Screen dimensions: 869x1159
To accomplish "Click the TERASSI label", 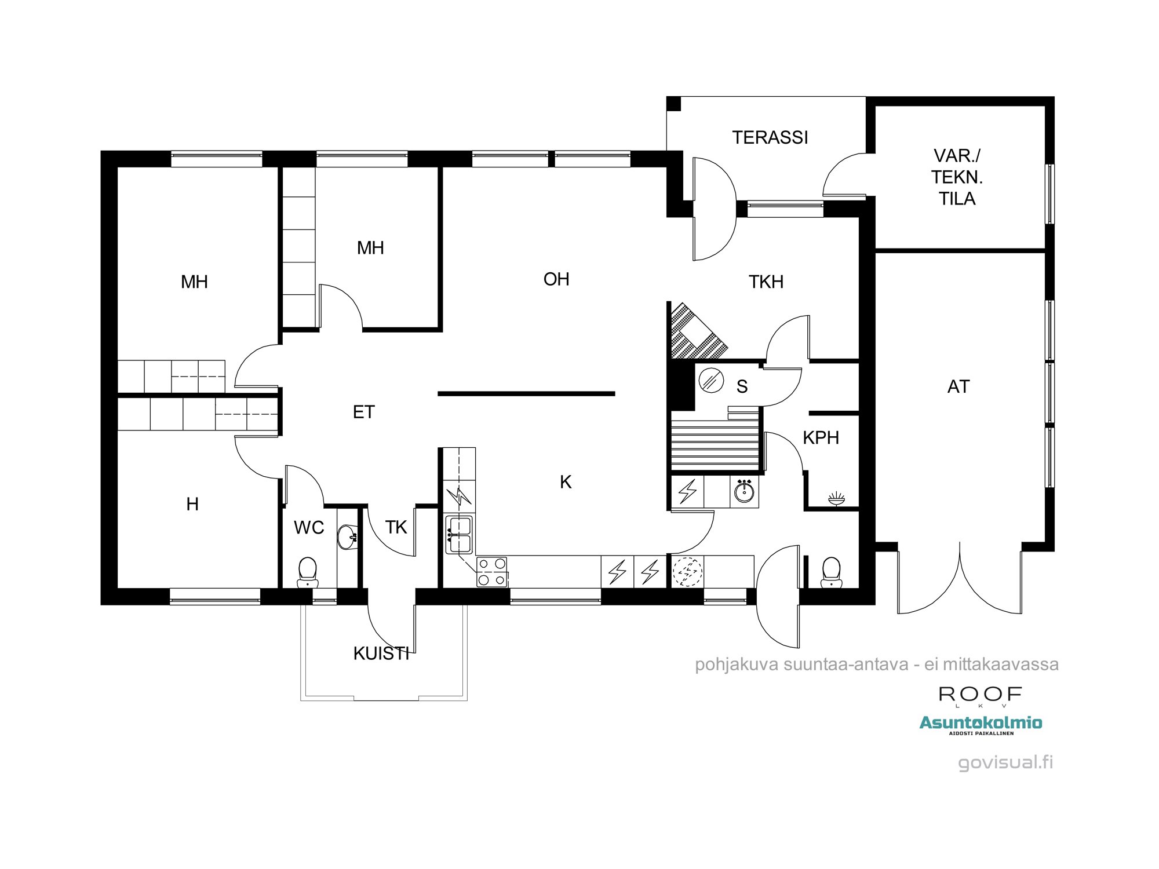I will tap(770, 137).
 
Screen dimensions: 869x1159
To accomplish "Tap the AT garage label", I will tap(958, 386).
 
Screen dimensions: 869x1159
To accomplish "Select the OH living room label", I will tap(556, 279).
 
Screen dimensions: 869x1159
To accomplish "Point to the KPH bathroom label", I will tap(821, 437).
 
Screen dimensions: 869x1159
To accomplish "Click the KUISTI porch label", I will tap(381, 653).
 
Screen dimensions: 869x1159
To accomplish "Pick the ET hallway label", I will tap(364, 412).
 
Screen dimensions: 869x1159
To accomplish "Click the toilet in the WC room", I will tap(307, 571).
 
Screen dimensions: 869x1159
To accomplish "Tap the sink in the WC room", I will tap(348, 536).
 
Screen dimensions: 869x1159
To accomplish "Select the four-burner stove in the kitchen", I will tap(492, 571).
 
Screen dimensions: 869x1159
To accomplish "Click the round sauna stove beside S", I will tap(710, 381).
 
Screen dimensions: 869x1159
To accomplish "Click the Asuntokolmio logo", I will tap(981, 724).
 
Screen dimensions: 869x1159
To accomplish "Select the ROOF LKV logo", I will tap(979, 695).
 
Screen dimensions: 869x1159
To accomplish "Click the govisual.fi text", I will tap(1005, 762).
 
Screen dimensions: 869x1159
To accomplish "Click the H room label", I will tap(192, 504).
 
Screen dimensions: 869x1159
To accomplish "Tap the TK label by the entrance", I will tap(396, 527).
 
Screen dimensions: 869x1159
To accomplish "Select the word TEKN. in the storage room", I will tap(957, 177).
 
